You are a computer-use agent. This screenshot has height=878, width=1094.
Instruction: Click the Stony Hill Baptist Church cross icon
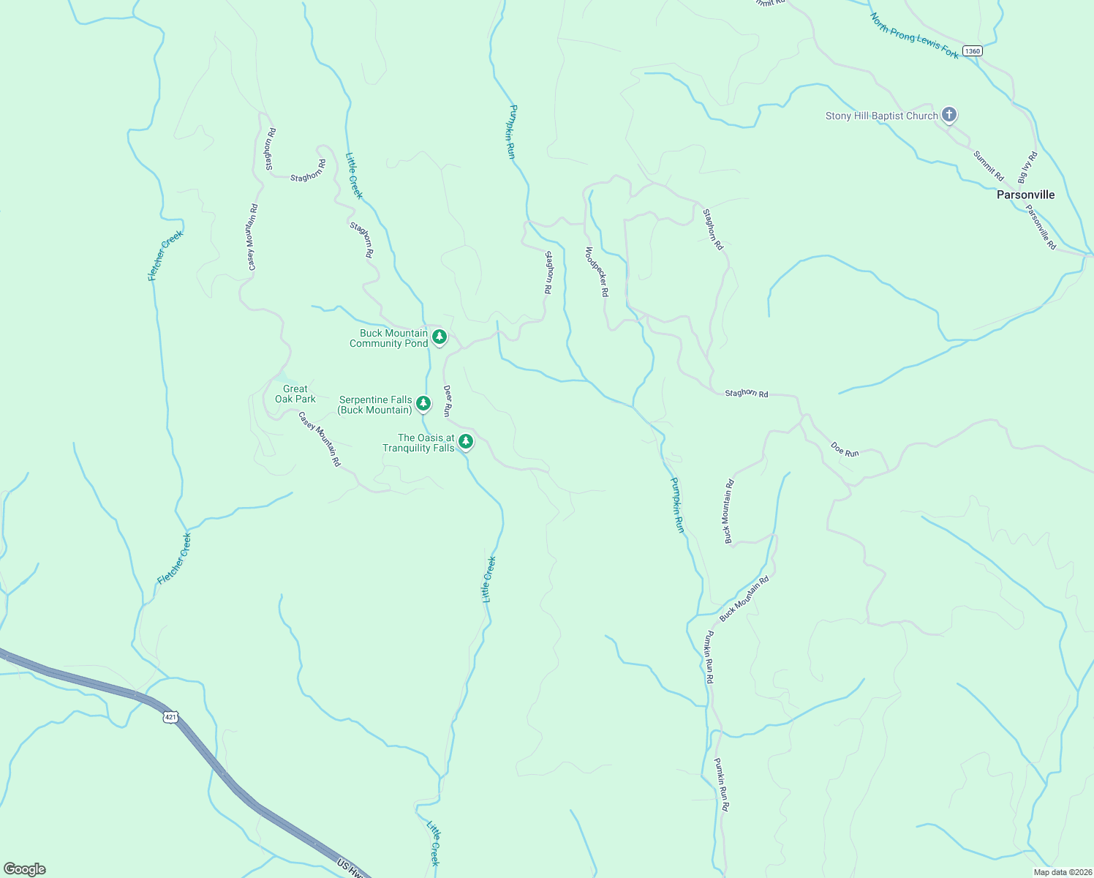pos(948,115)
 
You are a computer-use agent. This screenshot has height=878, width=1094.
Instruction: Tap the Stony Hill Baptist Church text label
pos(881,116)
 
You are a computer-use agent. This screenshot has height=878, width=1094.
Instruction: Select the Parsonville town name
pos(1025,195)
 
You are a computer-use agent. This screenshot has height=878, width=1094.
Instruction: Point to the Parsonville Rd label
pos(1041,227)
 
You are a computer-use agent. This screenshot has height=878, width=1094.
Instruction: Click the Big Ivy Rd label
pos(1027,168)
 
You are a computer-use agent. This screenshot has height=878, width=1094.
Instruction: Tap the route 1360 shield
pos(972,50)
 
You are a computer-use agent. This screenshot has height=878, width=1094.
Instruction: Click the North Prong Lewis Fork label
pos(914,36)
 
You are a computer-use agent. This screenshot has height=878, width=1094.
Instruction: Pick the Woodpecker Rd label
pos(597,271)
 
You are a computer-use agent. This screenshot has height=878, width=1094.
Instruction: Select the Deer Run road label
pos(448,401)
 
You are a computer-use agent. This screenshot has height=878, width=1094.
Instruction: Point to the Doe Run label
pos(845,449)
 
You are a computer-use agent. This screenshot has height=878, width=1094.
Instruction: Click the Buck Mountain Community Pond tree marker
pos(439,337)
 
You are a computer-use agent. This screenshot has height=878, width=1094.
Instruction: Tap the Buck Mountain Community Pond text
pos(388,338)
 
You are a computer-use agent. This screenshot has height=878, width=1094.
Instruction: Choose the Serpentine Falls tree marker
pos(423,403)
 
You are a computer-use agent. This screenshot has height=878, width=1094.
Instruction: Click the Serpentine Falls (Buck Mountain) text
pos(376,405)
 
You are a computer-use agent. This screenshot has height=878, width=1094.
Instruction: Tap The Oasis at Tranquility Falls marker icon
pos(466,441)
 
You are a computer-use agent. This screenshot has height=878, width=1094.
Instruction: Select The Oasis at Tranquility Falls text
pos(419,443)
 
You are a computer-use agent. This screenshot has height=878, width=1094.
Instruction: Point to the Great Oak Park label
pos(295,394)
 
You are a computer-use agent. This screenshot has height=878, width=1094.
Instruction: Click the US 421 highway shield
pos(170,717)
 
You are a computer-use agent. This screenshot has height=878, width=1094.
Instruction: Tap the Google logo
pos(24,869)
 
